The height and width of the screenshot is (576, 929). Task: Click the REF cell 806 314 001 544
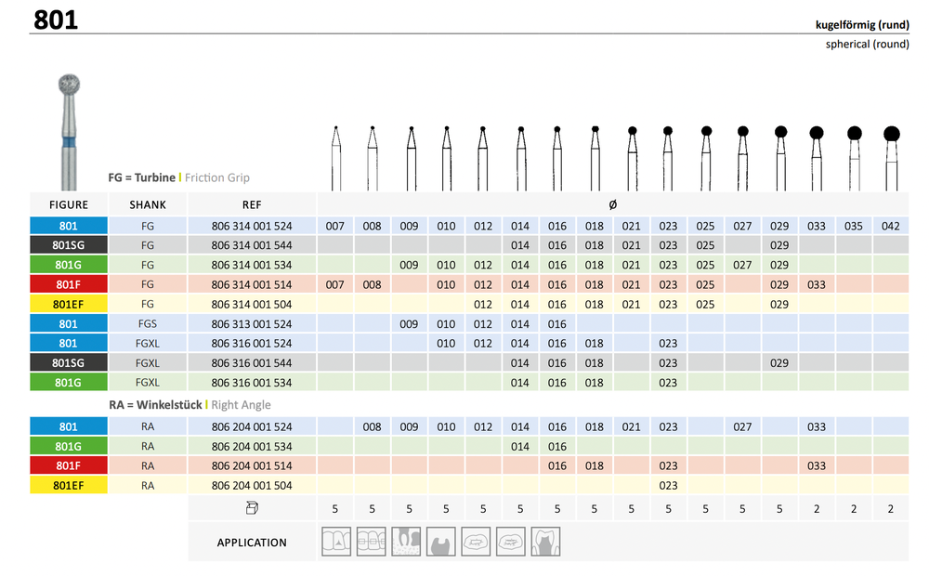(x=252, y=245)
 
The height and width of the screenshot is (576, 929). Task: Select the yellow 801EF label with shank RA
(x=69, y=485)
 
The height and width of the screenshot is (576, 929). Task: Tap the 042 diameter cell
(x=890, y=226)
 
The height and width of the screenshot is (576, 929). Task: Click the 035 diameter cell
(x=853, y=226)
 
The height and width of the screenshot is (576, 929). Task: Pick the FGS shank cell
(x=148, y=323)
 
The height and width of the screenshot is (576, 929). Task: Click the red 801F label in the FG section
(x=69, y=284)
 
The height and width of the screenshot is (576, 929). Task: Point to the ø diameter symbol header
(x=612, y=204)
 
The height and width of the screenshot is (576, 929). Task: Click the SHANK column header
(x=148, y=204)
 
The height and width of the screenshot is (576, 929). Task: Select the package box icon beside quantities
(x=252, y=508)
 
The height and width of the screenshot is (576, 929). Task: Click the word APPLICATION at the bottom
(x=252, y=543)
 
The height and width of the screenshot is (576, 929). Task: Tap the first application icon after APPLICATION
(x=336, y=542)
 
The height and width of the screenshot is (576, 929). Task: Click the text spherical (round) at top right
(x=867, y=44)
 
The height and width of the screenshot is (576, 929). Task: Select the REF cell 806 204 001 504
(x=252, y=485)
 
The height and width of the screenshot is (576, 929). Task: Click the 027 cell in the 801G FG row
(x=742, y=265)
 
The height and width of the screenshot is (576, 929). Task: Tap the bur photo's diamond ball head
(x=69, y=85)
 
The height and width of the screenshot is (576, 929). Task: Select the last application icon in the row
(x=545, y=542)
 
